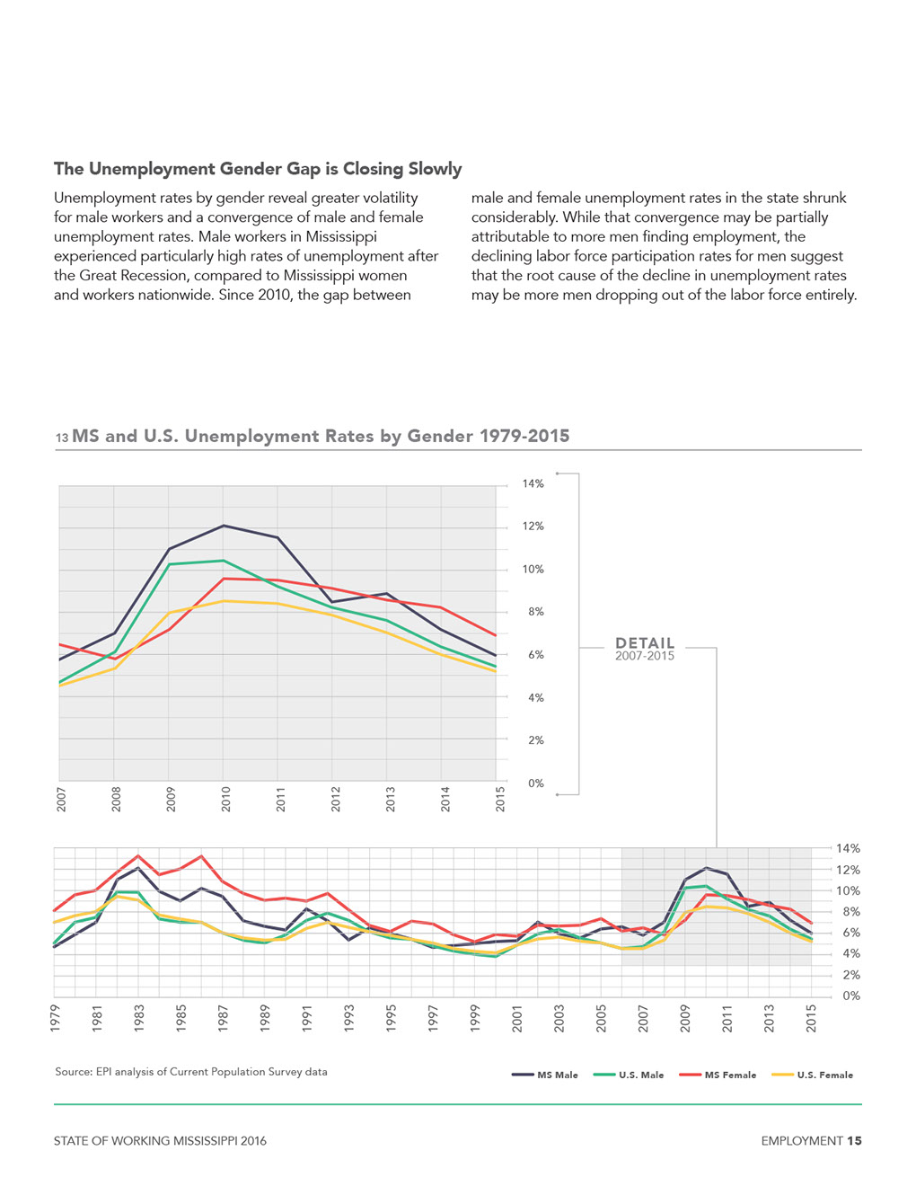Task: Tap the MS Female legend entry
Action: tap(718, 1075)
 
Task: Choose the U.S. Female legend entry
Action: tap(813, 1075)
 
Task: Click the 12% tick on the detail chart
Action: tap(533, 527)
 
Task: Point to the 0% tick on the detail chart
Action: tap(535, 783)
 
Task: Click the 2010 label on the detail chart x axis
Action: tap(225, 799)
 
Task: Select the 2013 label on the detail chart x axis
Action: tap(390, 799)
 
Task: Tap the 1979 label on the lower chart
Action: tap(55, 1019)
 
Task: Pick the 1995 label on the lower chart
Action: tap(391, 1019)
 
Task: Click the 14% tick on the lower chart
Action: tap(849, 849)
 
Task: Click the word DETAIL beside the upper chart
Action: tap(645, 643)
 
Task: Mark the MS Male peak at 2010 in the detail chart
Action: tap(223, 526)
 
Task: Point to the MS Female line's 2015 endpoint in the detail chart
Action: tap(496, 635)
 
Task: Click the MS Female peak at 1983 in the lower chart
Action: tap(138, 855)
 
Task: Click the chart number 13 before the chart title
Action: tap(62, 438)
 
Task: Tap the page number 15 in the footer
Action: tap(854, 1141)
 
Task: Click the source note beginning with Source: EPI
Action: tap(191, 1072)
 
